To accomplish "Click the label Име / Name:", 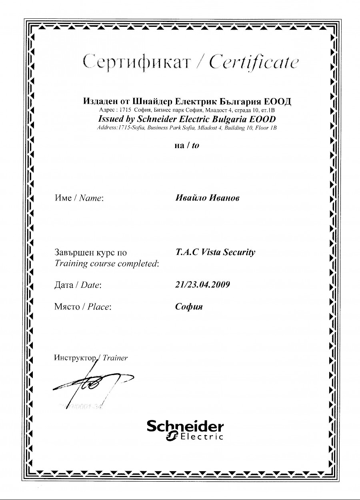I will tap(79, 198).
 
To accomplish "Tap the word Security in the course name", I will tap(239, 253).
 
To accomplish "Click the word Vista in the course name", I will tap(211, 253).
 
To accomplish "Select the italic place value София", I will tap(189, 307).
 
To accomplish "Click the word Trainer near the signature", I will tap(115, 358).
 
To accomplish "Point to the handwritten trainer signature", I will tap(92, 384).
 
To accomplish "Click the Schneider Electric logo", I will tap(185, 430).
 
